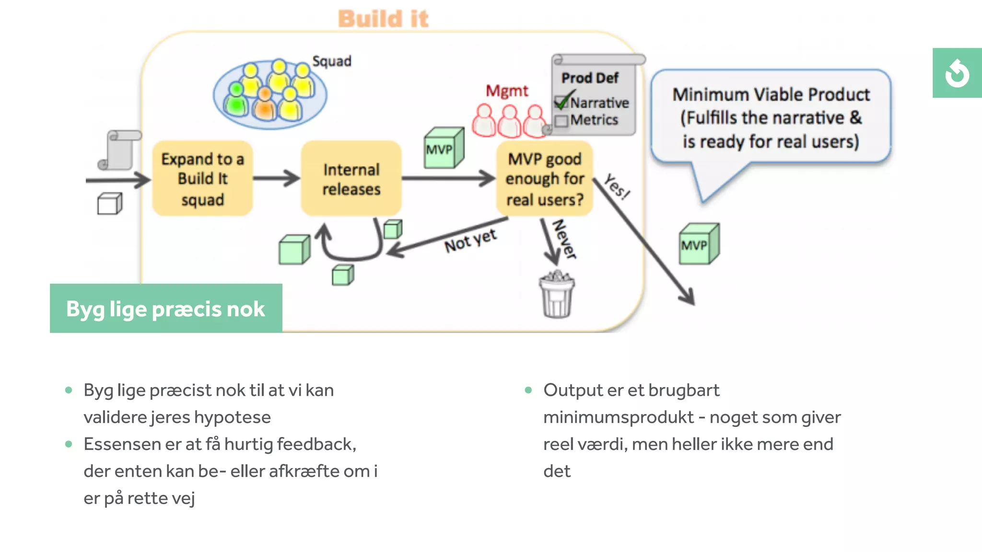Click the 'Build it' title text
[x=383, y=19]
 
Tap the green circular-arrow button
[x=957, y=73]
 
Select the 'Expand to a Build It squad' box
[x=202, y=179]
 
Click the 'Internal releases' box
[x=351, y=179]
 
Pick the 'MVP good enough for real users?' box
[x=545, y=179]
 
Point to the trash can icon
[x=557, y=296]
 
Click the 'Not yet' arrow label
[x=470, y=241]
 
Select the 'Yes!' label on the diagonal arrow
[x=617, y=186]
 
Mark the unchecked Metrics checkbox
[x=561, y=120]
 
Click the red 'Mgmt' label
[x=506, y=91]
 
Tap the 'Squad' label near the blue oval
[x=331, y=61]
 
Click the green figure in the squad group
[x=236, y=99]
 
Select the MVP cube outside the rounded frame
[x=698, y=244]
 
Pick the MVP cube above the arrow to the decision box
[x=444, y=148]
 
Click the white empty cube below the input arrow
[x=110, y=204]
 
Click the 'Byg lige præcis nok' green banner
[x=166, y=309]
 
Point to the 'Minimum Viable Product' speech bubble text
[x=771, y=117]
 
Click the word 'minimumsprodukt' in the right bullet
[x=618, y=417]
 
